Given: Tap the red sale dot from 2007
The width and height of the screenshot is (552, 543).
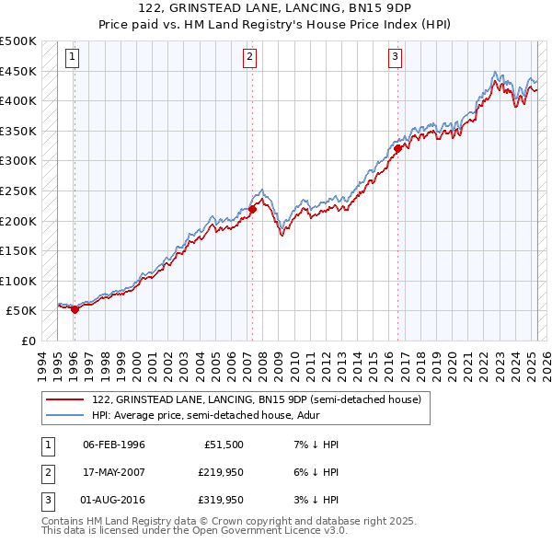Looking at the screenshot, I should (252, 209).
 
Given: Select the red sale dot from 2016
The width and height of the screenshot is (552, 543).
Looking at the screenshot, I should (397, 148).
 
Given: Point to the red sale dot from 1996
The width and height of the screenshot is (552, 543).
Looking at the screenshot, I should (75, 309).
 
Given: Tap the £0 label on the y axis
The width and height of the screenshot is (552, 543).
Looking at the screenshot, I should (28, 341).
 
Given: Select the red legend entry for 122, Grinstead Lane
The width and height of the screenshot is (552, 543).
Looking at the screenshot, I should (256, 399).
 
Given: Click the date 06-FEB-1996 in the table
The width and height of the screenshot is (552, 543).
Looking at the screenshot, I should (113, 445).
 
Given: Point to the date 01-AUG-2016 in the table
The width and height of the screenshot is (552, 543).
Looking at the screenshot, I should (113, 502).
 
